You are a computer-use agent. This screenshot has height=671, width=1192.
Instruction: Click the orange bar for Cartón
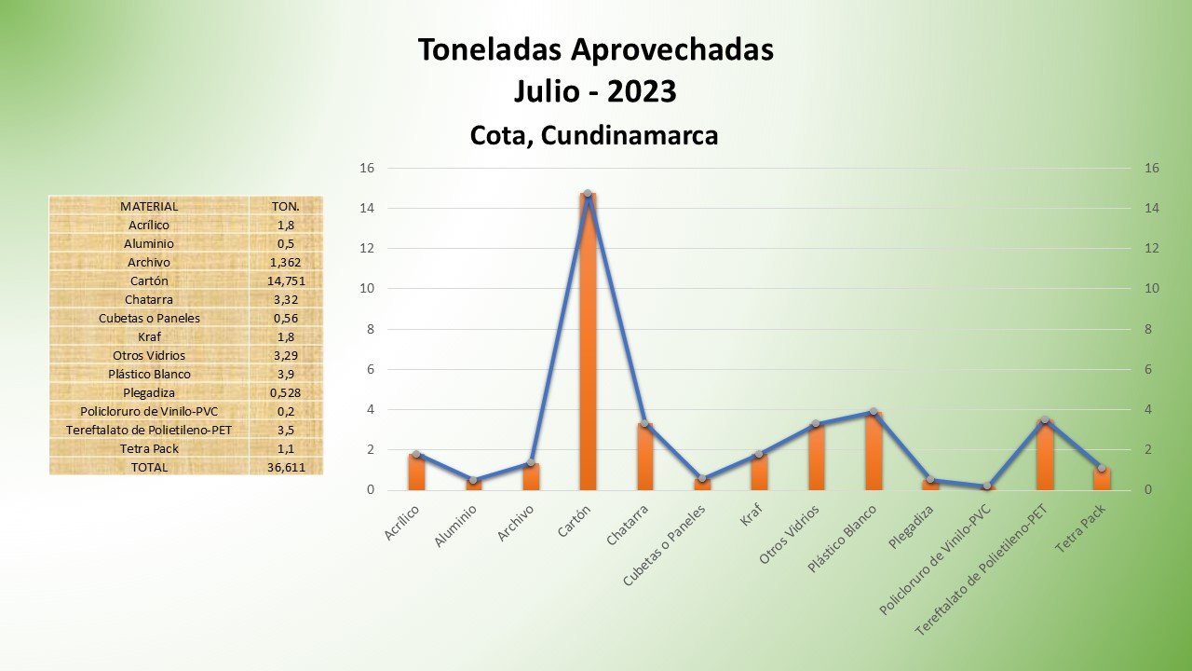tap(588, 345)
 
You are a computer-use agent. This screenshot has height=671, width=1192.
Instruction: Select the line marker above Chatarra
tap(644, 423)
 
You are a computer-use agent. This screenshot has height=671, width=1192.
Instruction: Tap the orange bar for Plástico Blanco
tap(874, 452)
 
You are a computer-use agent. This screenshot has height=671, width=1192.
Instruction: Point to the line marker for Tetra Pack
tap(1102, 468)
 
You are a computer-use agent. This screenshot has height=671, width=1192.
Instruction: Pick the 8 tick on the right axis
tap(1151, 329)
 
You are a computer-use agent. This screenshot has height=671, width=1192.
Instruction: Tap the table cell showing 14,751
tap(286, 281)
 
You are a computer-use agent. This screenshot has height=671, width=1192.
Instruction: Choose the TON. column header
tap(286, 206)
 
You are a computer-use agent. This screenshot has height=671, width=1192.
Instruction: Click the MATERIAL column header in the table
tap(149, 206)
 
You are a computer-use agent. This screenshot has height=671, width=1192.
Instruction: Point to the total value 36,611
tap(286, 467)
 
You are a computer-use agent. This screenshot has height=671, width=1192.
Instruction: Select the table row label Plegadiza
tap(149, 392)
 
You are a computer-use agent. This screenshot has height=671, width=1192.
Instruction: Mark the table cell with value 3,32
tap(286, 299)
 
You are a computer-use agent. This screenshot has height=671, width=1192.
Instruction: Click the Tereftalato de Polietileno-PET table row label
tap(149, 430)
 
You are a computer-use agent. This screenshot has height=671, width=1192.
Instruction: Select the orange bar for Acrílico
tap(416, 472)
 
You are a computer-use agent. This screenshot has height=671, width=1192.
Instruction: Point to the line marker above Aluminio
tap(473, 480)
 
